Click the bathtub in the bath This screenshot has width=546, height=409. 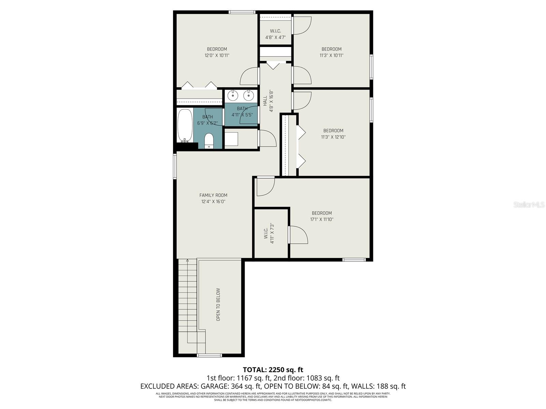click(185, 125)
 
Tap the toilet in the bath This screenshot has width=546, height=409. click(209, 141)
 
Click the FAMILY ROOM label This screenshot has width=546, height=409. click(213, 195)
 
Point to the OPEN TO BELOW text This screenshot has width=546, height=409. click(218, 305)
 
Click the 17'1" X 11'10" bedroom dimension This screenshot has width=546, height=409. click(321, 219)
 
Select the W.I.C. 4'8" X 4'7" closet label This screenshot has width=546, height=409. click(275, 34)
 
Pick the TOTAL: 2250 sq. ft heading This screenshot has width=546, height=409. click(273, 370)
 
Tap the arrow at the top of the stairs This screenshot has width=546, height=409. click(187, 261)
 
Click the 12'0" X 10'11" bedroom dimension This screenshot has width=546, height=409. click(217, 55)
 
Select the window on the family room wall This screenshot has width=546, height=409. click(175, 166)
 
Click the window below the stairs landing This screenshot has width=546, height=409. click(209, 355)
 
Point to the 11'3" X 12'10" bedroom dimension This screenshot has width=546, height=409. click(333, 137)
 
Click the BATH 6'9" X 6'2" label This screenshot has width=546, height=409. click(207, 120)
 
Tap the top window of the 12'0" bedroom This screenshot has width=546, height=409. click(242, 12)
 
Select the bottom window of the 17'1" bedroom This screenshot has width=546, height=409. click(354, 260)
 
